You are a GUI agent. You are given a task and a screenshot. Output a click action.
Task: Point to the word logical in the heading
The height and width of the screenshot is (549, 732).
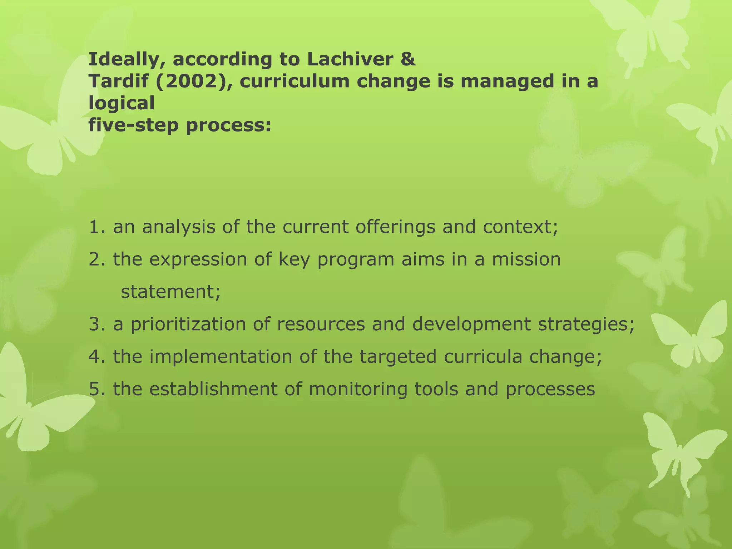click(122, 104)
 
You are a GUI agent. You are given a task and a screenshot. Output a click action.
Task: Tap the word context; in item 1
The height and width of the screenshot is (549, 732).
click(520, 227)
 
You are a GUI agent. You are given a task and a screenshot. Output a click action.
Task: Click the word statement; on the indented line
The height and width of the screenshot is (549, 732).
click(171, 292)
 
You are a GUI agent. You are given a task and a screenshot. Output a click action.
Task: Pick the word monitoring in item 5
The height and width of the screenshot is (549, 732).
click(358, 389)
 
